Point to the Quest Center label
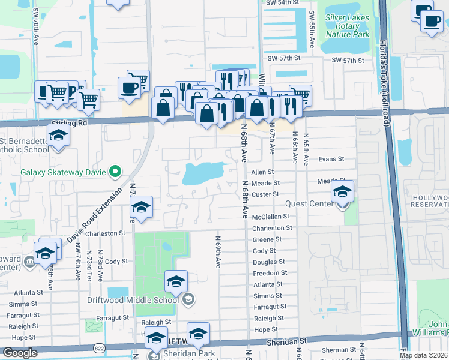coord(309,203)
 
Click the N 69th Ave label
coord(218,251)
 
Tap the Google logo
coord(20,353)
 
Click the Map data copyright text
coord(423,355)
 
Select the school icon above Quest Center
coord(342,192)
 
